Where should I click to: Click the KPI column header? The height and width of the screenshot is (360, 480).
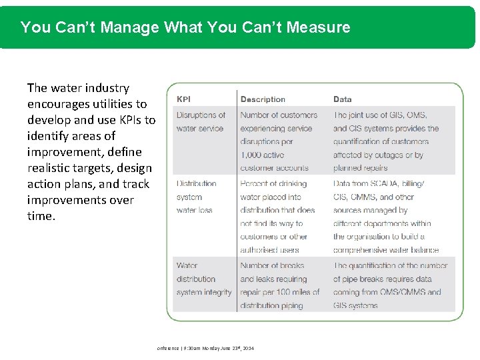coord(183,99)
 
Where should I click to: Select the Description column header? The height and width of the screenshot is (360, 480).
coord(263,99)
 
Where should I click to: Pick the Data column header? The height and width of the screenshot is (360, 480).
coord(343,99)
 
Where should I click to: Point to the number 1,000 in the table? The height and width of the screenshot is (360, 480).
coord(253,155)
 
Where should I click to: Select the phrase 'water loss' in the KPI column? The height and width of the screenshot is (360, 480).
coord(195,210)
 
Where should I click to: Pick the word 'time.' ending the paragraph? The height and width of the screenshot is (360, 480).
coord(41,216)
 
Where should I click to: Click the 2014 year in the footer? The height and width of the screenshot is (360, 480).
coord(247,349)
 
